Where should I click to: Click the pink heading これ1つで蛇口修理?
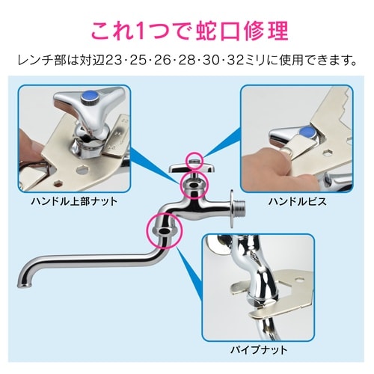pyautogui.click(x=189, y=31)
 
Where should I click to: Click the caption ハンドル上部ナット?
pyautogui.click(x=74, y=201)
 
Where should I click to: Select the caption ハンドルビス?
pyautogui.click(x=298, y=201)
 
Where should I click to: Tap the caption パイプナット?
pyautogui.click(x=259, y=350)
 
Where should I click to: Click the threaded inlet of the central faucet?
pyautogui.click(x=240, y=207)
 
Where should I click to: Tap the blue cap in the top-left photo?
pyautogui.click(x=90, y=96)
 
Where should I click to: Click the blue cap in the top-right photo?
pyautogui.click(x=307, y=132)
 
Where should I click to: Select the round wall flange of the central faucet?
pyautogui.click(x=232, y=209)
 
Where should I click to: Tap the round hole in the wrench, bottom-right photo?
pyautogui.click(x=301, y=280)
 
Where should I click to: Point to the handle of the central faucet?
pyautogui.click(x=191, y=168)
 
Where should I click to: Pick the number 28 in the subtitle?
pyautogui.click(x=188, y=61)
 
